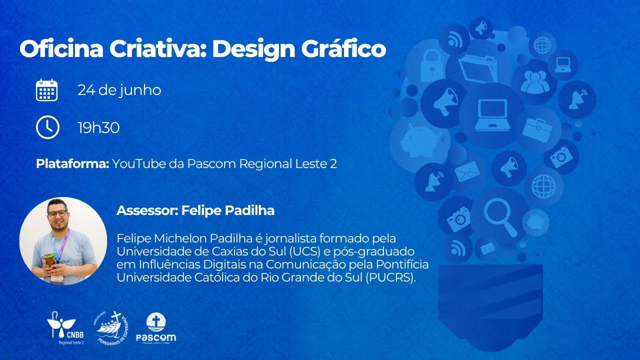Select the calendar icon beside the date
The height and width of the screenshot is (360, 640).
point(47,90)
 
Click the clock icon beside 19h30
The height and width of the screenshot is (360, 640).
point(47,128)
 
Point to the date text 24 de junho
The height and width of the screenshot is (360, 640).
point(119,90)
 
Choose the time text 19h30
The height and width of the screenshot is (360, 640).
point(98,128)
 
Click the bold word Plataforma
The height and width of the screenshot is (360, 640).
point(72,164)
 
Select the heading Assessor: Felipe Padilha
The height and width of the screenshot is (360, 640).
point(195,210)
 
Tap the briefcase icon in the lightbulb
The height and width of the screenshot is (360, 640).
point(537,128)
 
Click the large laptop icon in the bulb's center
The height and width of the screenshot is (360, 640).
point(492,114)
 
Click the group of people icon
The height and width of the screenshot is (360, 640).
point(534,82)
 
